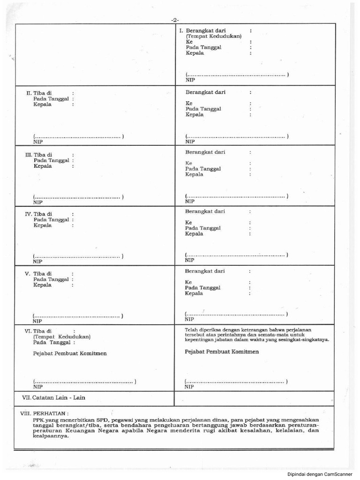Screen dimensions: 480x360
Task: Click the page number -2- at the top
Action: click(x=175, y=20)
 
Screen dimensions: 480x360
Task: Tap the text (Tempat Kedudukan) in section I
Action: click(x=213, y=36)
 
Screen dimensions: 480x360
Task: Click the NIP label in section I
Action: click(x=190, y=80)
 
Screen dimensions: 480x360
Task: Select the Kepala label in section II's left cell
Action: click(x=43, y=105)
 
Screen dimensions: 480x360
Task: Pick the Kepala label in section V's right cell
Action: click(x=194, y=293)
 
